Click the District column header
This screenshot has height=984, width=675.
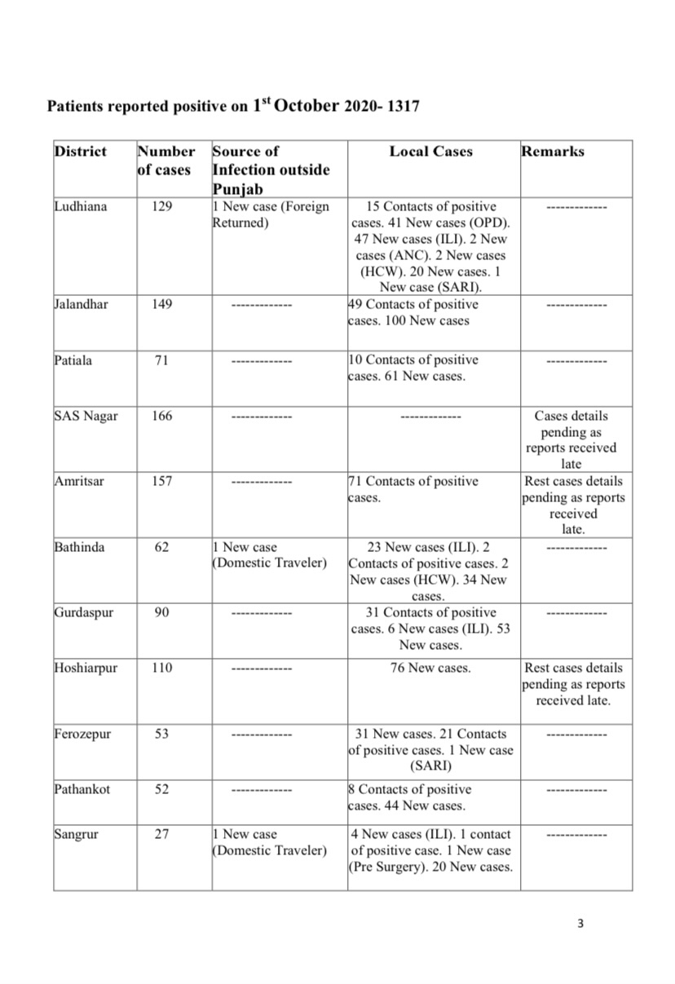coord(80,151)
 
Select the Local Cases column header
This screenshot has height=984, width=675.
coord(430,151)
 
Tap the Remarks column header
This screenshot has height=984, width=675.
coord(552,151)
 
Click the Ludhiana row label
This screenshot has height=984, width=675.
coord(80,206)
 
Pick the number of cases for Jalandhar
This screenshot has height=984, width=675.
coord(161,304)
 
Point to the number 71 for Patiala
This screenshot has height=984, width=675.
coord(161,360)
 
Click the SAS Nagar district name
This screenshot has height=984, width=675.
coord(86,416)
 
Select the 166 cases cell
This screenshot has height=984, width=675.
coord(161,416)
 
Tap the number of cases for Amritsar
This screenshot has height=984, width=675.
coord(161,481)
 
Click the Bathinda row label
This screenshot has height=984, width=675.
coord(79,547)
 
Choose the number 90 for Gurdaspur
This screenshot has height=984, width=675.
coord(161,612)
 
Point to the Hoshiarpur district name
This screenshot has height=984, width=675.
coord(86,668)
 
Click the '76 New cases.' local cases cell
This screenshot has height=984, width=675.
coord(430,668)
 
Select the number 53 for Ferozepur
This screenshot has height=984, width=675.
coord(161,734)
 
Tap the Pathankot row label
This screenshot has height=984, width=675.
coord(82,789)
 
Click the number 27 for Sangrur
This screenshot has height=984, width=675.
coord(161,834)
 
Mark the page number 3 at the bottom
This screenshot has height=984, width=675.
coord(580,924)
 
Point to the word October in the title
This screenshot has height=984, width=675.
coord(307,106)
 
